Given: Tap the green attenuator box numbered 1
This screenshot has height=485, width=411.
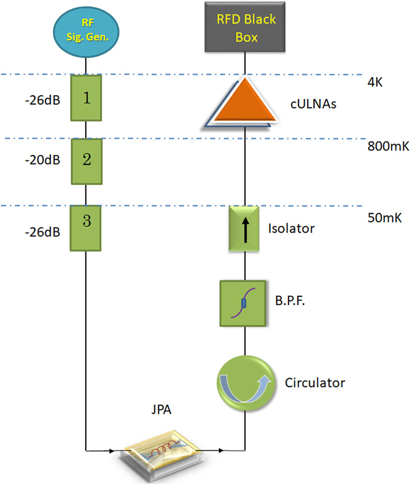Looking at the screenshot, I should [86, 98].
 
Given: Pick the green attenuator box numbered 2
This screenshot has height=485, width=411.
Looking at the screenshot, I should [86, 161].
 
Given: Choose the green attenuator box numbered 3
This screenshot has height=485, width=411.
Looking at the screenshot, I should [86, 228].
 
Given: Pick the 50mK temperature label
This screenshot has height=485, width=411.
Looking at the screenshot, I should [382, 218].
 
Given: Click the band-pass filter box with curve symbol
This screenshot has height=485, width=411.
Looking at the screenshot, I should [243, 303].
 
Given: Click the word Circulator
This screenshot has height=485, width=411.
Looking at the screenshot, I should [315, 382].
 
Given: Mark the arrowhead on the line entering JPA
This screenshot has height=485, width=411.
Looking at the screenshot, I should [112, 451].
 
